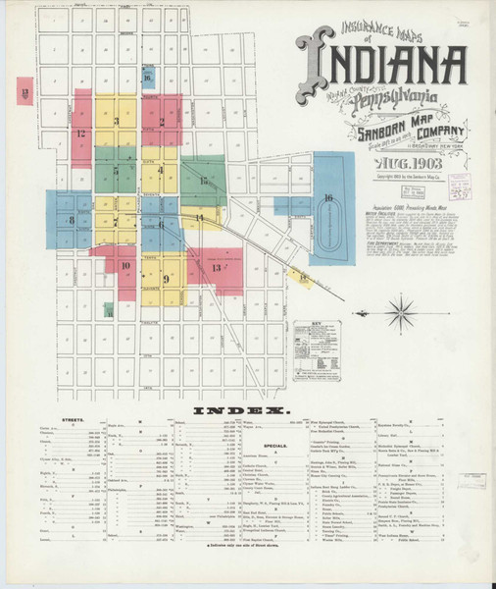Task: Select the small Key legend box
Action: (315, 345)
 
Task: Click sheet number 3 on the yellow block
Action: (116, 122)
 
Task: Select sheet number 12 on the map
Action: (79, 133)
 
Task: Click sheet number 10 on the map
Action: (124, 265)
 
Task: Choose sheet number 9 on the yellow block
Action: (167, 279)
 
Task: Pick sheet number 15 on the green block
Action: (204, 181)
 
